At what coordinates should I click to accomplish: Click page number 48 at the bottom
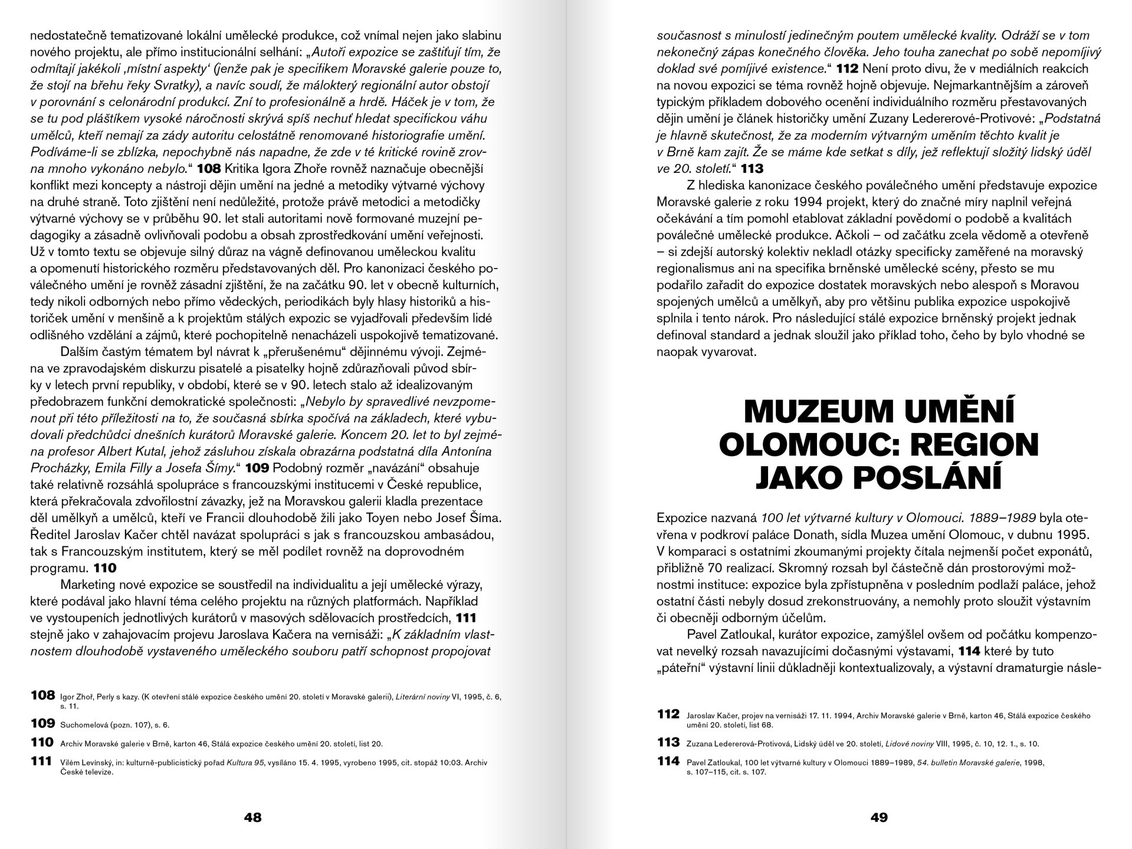coord(252,817)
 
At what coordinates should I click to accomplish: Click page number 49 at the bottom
coord(878,817)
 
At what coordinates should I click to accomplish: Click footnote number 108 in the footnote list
coord(42,695)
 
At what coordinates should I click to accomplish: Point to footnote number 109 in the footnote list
coord(42,723)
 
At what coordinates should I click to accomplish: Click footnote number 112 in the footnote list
coord(668,714)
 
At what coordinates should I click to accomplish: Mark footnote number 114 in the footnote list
coord(668,761)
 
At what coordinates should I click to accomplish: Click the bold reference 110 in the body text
coord(105,569)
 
